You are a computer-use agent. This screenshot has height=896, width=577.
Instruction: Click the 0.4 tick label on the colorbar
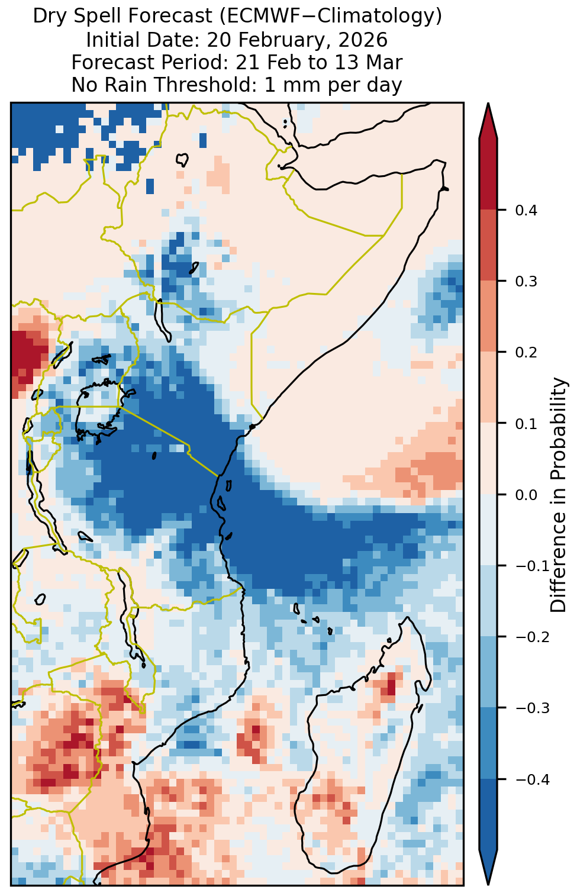(526, 210)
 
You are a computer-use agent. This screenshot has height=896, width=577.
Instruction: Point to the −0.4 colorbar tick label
(533, 779)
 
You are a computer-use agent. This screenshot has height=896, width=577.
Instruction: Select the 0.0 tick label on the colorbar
(526, 495)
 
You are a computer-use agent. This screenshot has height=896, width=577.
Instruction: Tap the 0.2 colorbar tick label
(526, 352)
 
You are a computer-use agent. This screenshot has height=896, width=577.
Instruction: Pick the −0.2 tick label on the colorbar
(533, 637)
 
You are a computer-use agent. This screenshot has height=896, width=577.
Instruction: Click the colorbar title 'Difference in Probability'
(559, 494)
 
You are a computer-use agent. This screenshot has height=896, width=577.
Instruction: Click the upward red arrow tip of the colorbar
(488, 104)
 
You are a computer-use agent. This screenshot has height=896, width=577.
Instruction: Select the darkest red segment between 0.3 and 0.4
(488, 245)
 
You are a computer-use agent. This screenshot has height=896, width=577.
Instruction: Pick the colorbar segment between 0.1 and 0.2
(488, 388)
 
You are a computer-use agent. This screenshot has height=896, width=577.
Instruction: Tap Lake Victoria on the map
(99, 412)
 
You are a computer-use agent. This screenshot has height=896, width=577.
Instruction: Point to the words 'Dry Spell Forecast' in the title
(123, 17)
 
